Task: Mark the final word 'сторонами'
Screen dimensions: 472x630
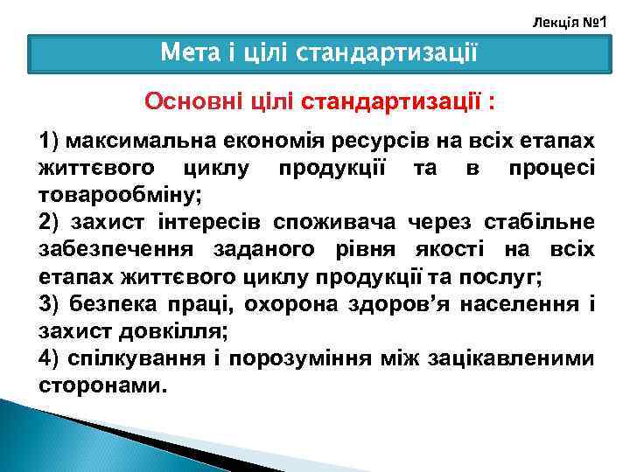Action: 101,385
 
